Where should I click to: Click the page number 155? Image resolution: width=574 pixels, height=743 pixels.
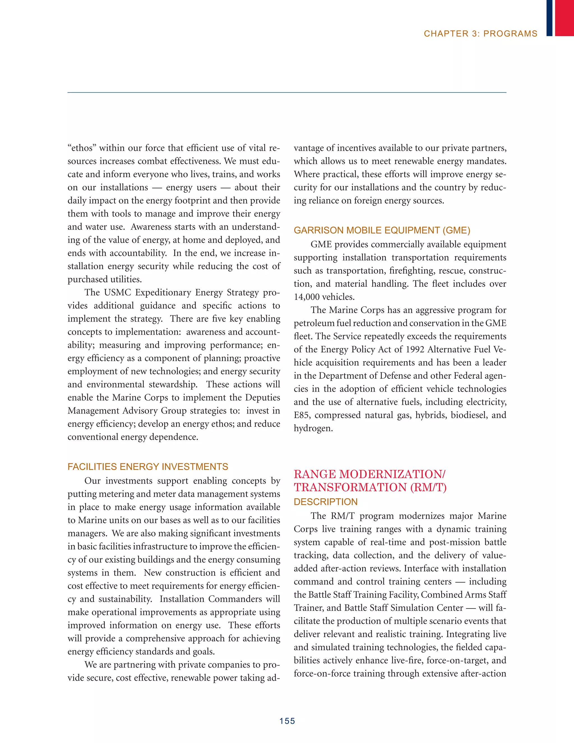tap(287, 721)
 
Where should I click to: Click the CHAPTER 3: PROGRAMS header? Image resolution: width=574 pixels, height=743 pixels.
tap(480, 34)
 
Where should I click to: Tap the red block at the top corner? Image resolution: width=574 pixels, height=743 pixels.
tap(564, 18)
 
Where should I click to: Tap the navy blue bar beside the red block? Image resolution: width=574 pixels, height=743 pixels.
tap(549, 18)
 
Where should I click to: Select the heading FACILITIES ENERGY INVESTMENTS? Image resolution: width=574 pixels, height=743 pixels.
tap(148, 467)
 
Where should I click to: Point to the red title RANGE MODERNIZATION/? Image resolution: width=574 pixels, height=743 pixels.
tap(369, 474)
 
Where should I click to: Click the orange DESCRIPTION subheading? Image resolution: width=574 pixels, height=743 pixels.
tap(325, 502)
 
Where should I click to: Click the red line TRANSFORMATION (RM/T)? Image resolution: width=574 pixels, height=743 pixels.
tap(370, 488)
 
